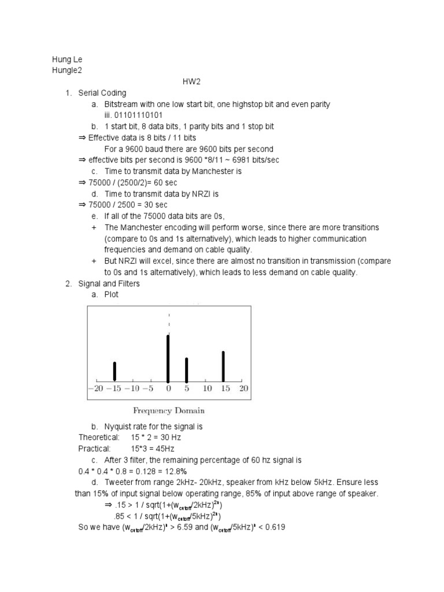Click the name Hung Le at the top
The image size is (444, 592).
point(64,60)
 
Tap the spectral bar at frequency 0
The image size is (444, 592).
point(168,358)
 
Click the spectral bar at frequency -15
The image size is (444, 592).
point(114,372)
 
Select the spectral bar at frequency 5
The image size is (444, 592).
point(186,370)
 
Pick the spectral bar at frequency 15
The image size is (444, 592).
point(223,367)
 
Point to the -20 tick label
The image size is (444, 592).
point(95,389)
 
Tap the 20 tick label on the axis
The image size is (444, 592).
point(243,389)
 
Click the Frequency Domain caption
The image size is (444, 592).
point(169,411)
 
